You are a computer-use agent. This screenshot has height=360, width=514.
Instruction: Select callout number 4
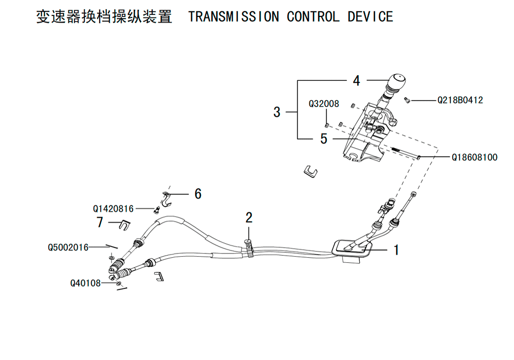pyautogui.click(x=356, y=81)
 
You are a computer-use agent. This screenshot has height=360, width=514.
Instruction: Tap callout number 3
pyautogui.click(x=277, y=112)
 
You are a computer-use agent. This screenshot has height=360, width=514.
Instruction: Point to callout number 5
pyautogui.click(x=323, y=139)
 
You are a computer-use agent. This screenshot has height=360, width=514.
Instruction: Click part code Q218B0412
pyautogui.click(x=460, y=101)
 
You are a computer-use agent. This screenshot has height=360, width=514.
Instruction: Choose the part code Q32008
pyautogui.click(x=324, y=104)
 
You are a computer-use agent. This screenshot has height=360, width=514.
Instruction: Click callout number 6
pyautogui.click(x=198, y=194)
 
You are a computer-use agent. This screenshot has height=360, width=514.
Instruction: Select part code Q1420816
pyautogui.click(x=113, y=209)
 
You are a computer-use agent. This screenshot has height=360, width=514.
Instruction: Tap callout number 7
pyautogui.click(x=100, y=222)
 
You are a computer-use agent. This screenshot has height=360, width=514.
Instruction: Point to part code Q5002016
pyautogui.click(x=68, y=247)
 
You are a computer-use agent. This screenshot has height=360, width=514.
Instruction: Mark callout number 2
pyautogui.click(x=249, y=218)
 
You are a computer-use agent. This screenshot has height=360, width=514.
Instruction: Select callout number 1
pyautogui.click(x=396, y=250)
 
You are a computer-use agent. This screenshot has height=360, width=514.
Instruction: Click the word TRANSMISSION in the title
pyautogui.click(x=233, y=16)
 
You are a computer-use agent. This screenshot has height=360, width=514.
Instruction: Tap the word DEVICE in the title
pyautogui.click(x=370, y=16)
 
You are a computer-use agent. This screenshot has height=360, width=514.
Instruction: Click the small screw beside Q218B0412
pyautogui.click(x=408, y=100)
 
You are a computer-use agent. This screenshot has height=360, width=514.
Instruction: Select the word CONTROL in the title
pyautogui.click(x=313, y=16)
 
